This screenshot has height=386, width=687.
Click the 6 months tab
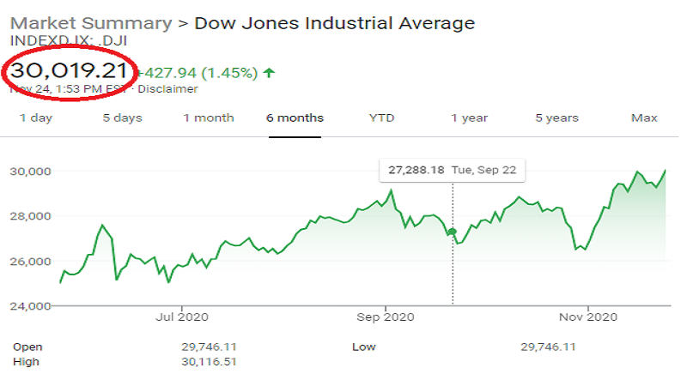pos(295,118)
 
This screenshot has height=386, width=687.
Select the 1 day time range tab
pos(36,118)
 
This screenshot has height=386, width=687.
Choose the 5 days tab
pos(122,118)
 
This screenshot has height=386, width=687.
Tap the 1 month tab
pos(208,118)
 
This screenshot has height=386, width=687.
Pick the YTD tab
pos(381,118)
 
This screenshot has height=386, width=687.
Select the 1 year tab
pos(469,118)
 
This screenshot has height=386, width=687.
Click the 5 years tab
pos(556,118)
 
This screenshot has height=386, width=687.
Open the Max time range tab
pos(644,118)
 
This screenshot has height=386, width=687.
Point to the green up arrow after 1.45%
pos(270,73)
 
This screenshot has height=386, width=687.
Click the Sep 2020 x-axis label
pos(386,317)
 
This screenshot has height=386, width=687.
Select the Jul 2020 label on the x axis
pos(182,317)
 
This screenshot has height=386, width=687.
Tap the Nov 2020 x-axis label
pos(588,317)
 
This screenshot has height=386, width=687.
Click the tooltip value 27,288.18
pos(416,171)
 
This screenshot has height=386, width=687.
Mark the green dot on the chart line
pos(453,232)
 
